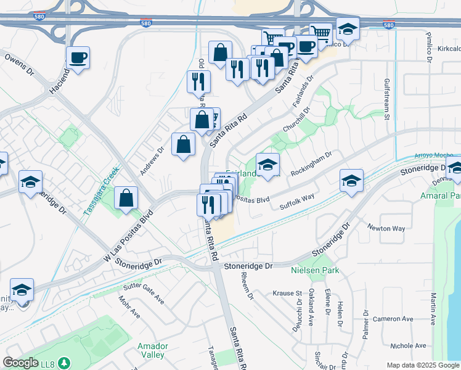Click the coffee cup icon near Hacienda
pyautogui.click(x=78, y=58)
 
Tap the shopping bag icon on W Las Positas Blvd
pyautogui.click(x=126, y=198)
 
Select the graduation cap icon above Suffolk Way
pyautogui.click(x=351, y=179)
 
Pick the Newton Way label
pyautogui.click(x=386, y=228)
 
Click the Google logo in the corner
pyautogui.click(x=20, y=363)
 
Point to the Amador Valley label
pyautogui.click(x=151, y=350)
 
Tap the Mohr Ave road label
pyautogui.click(x=130, y=307)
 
